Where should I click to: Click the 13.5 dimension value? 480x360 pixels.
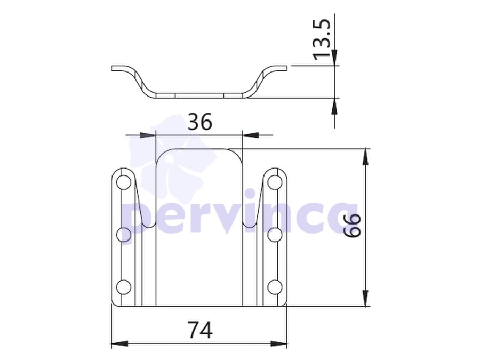(322, 39)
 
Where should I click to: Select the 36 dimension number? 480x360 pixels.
(199, 122)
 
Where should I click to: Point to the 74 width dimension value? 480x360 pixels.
(201, 330)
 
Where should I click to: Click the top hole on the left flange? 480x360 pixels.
(123, 182)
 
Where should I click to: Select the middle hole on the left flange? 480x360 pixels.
(123, 235)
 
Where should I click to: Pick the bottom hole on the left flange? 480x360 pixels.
(123, 287)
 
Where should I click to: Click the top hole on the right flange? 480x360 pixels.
(275, 182)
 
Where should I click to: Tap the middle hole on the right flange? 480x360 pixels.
(275, 235)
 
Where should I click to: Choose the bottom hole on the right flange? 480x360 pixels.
(275, 287)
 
